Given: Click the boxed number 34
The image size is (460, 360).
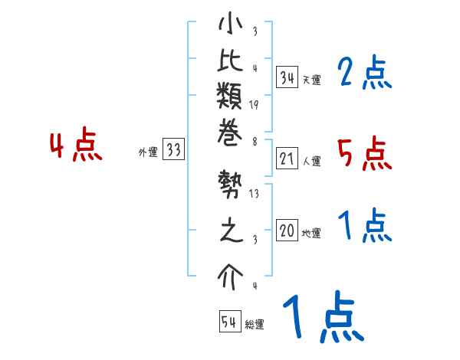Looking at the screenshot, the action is [x=287, y=77].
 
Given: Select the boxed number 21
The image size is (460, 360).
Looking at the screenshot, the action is [x=287, y=159].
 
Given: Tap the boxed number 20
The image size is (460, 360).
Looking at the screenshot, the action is [x=287, y=231].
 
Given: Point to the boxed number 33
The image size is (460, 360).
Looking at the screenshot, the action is [x=173, y=151].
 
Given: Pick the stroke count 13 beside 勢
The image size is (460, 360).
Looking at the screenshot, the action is [x=254, y=194].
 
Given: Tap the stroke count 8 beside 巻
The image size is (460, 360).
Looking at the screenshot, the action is [x=254, y=141].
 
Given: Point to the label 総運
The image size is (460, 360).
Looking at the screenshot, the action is [x=255, y=325].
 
